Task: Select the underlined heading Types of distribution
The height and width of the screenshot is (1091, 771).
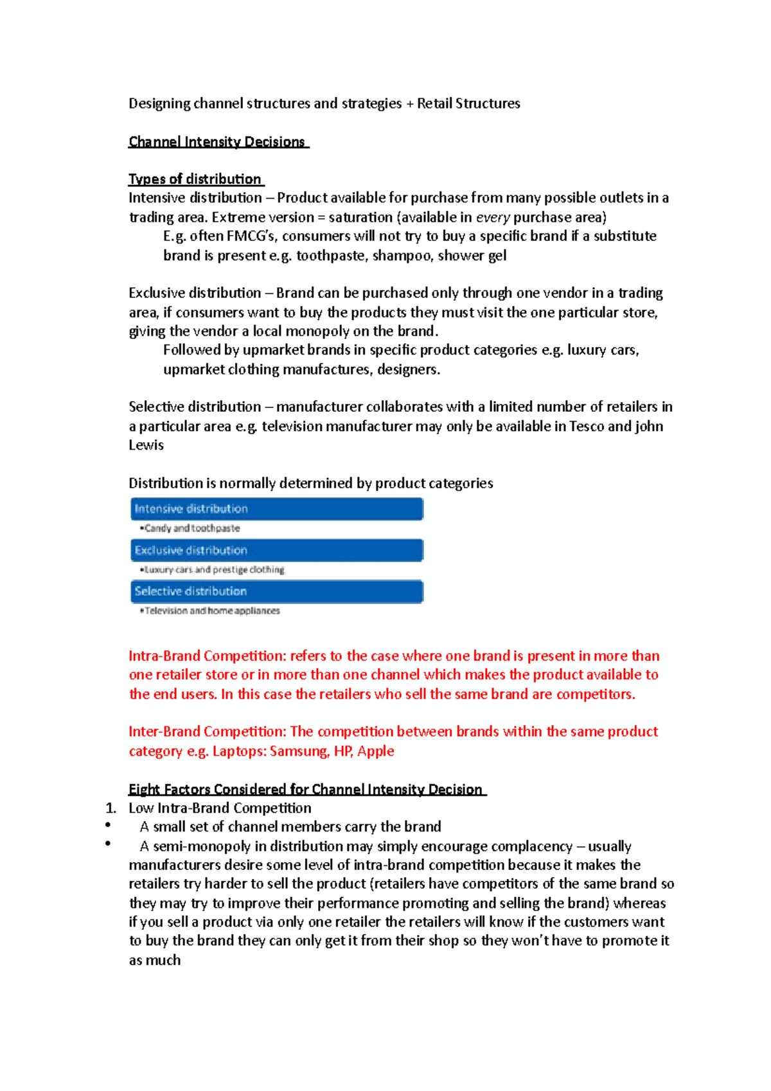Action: point(195,179)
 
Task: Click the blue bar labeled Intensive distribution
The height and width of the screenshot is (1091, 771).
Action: point(277,509)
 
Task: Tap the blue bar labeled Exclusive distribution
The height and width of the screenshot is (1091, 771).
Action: point(277,551)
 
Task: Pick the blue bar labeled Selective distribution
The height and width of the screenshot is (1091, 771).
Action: point(277,592)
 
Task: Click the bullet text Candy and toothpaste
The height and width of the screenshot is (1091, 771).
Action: point(192,528)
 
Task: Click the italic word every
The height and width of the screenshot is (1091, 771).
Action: point(493,217)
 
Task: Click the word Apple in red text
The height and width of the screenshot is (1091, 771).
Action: point(376,751)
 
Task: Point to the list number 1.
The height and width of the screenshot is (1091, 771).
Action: point(111,808)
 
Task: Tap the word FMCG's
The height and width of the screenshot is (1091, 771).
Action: point(251,236)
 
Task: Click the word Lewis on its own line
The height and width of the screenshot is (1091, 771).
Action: point(146,445)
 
